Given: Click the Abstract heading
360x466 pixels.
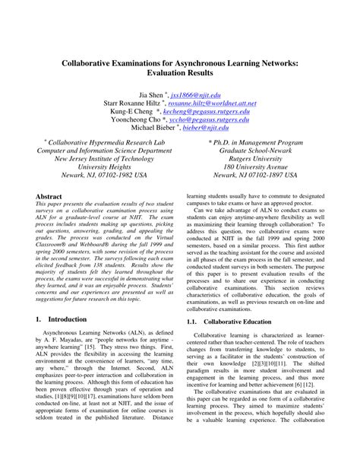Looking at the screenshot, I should click(49, 196).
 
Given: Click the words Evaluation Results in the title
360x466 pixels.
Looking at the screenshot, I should click(179, 76).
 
